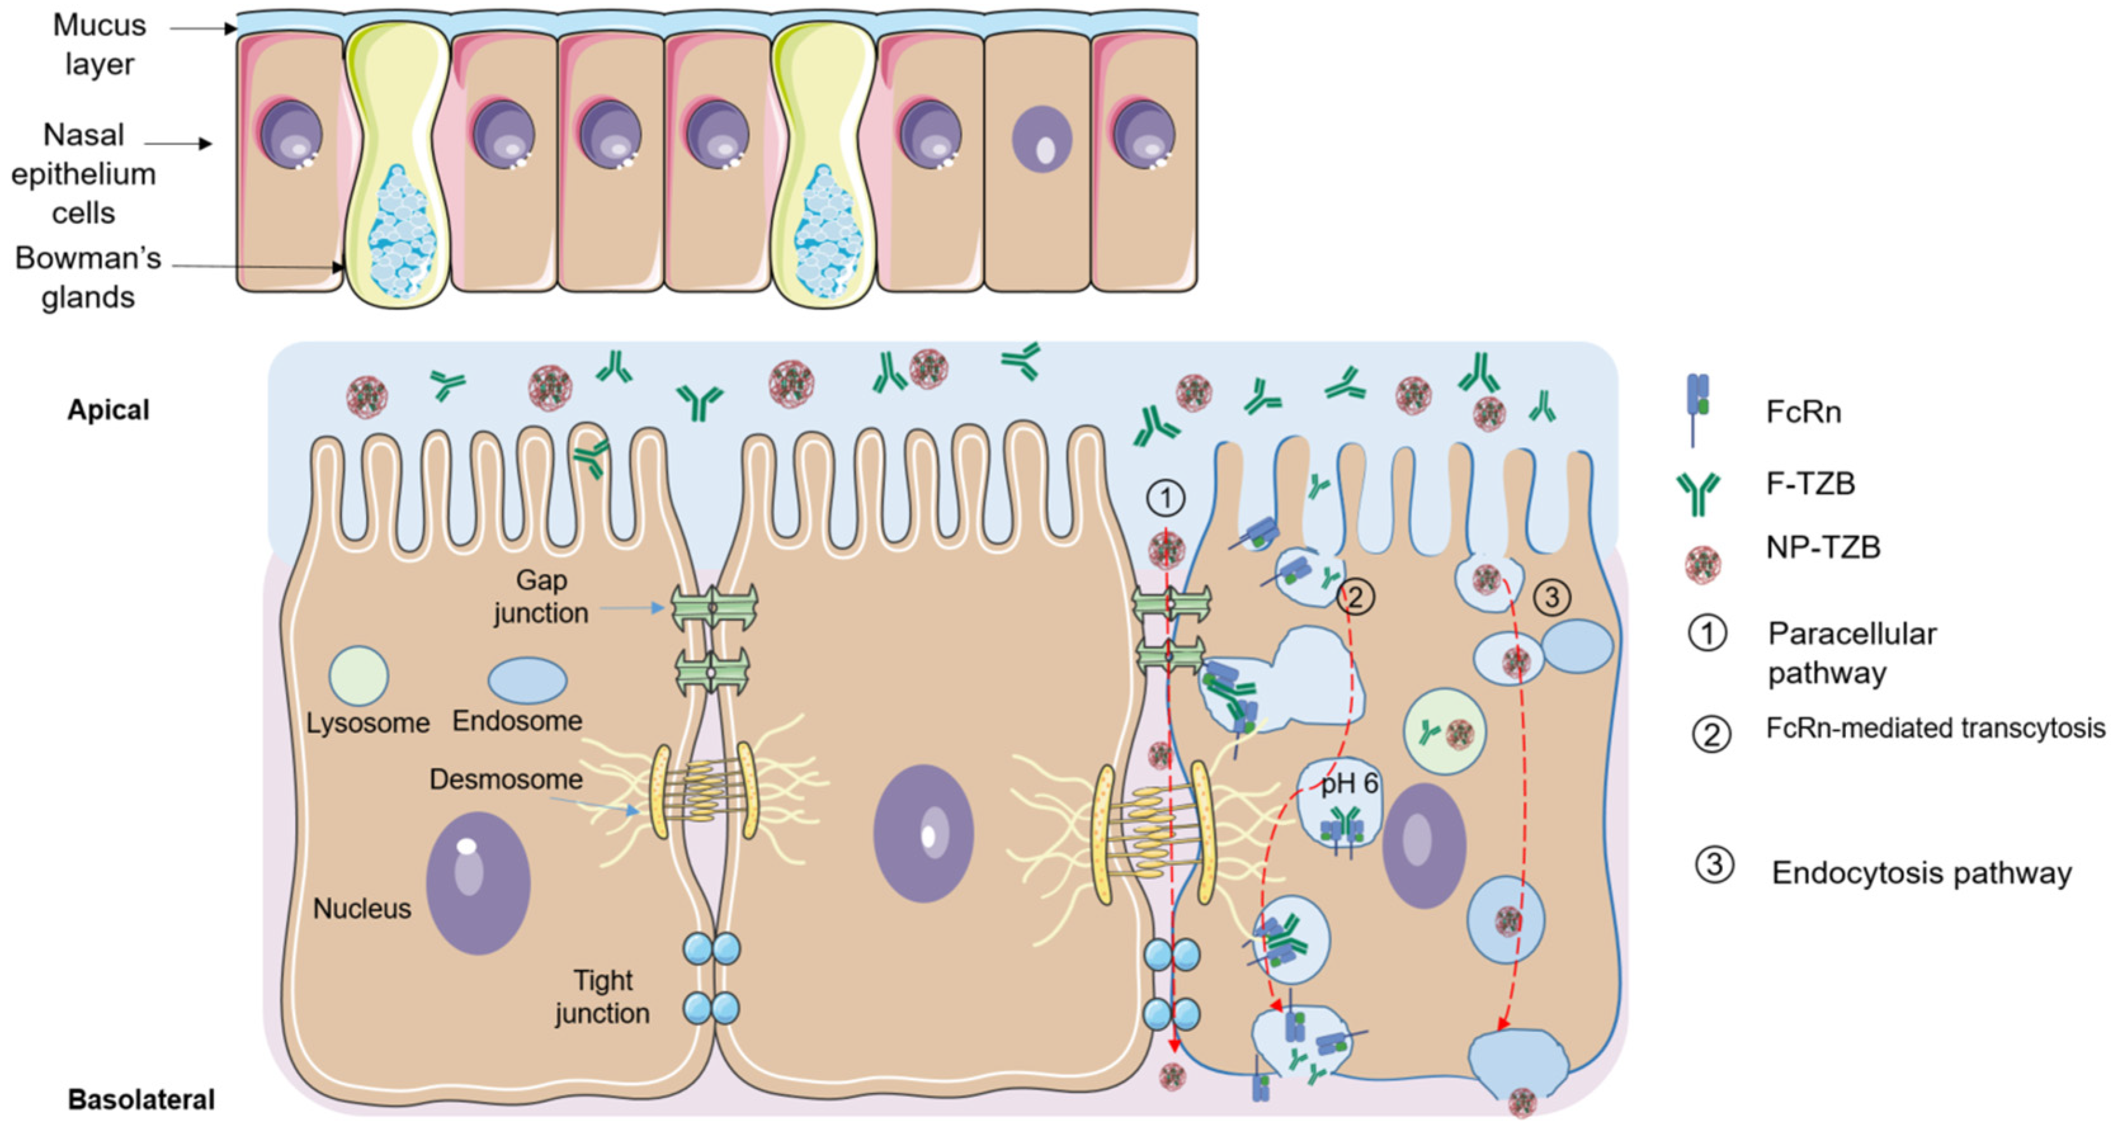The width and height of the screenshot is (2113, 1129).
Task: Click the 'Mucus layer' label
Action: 99,44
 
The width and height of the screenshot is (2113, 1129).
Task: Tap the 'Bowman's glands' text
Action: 88,277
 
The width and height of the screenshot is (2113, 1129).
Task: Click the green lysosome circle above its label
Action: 358,675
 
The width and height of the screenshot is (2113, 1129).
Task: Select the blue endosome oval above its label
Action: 527,680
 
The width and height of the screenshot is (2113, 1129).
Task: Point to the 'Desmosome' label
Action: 506,779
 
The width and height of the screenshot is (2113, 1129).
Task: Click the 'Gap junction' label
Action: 541,597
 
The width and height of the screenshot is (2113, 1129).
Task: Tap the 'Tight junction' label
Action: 602,996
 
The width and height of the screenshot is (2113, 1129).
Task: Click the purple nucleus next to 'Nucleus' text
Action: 478,883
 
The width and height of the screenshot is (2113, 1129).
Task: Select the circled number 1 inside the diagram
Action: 1165,498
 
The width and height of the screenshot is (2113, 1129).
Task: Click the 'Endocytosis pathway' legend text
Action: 1921,872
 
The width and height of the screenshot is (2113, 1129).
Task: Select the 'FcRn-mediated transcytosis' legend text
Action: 1935,728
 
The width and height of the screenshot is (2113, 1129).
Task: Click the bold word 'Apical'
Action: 108,409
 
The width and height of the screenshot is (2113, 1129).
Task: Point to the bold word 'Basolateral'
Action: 141,1099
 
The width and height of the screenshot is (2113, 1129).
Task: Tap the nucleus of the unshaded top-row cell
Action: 1042,140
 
